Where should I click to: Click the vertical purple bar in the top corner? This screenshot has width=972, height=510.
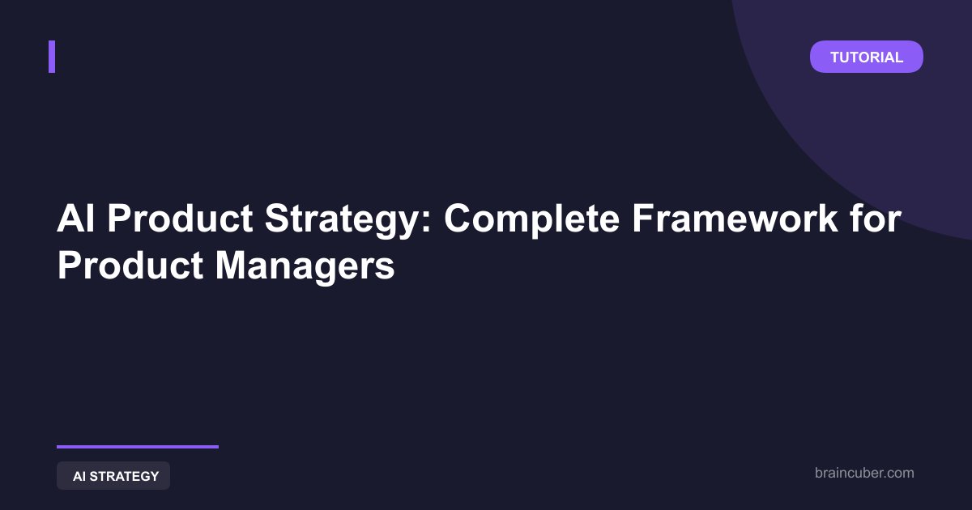[x=52, y=57]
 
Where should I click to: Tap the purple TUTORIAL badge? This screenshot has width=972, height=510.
[x=867, y=57]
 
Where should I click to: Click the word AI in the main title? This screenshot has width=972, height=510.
[x=76, y=218]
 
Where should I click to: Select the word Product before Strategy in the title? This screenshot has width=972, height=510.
[x=180, y=218]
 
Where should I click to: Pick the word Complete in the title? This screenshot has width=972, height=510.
[x=531, y=221]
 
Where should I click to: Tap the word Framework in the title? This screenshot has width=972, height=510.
[x=735, y=218]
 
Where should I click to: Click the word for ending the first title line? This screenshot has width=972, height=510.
[x=876, y=218]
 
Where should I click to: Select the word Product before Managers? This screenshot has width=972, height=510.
[x=130, y=266]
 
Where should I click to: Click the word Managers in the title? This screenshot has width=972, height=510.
[x=305, y=268]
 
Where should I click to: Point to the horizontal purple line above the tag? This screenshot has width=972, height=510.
[x=138, y=447]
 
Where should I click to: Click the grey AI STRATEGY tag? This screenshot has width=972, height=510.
[x=113, y=476]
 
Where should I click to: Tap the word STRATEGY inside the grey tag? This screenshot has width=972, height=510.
[x=124, y=476]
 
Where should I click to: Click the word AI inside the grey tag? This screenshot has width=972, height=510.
[x=79, y=476]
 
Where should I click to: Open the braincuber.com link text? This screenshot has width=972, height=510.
[x=864, y=473]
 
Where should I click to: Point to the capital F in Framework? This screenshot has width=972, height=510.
[x=644, y=218]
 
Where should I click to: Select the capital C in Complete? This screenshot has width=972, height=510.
[x=458, y=218]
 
